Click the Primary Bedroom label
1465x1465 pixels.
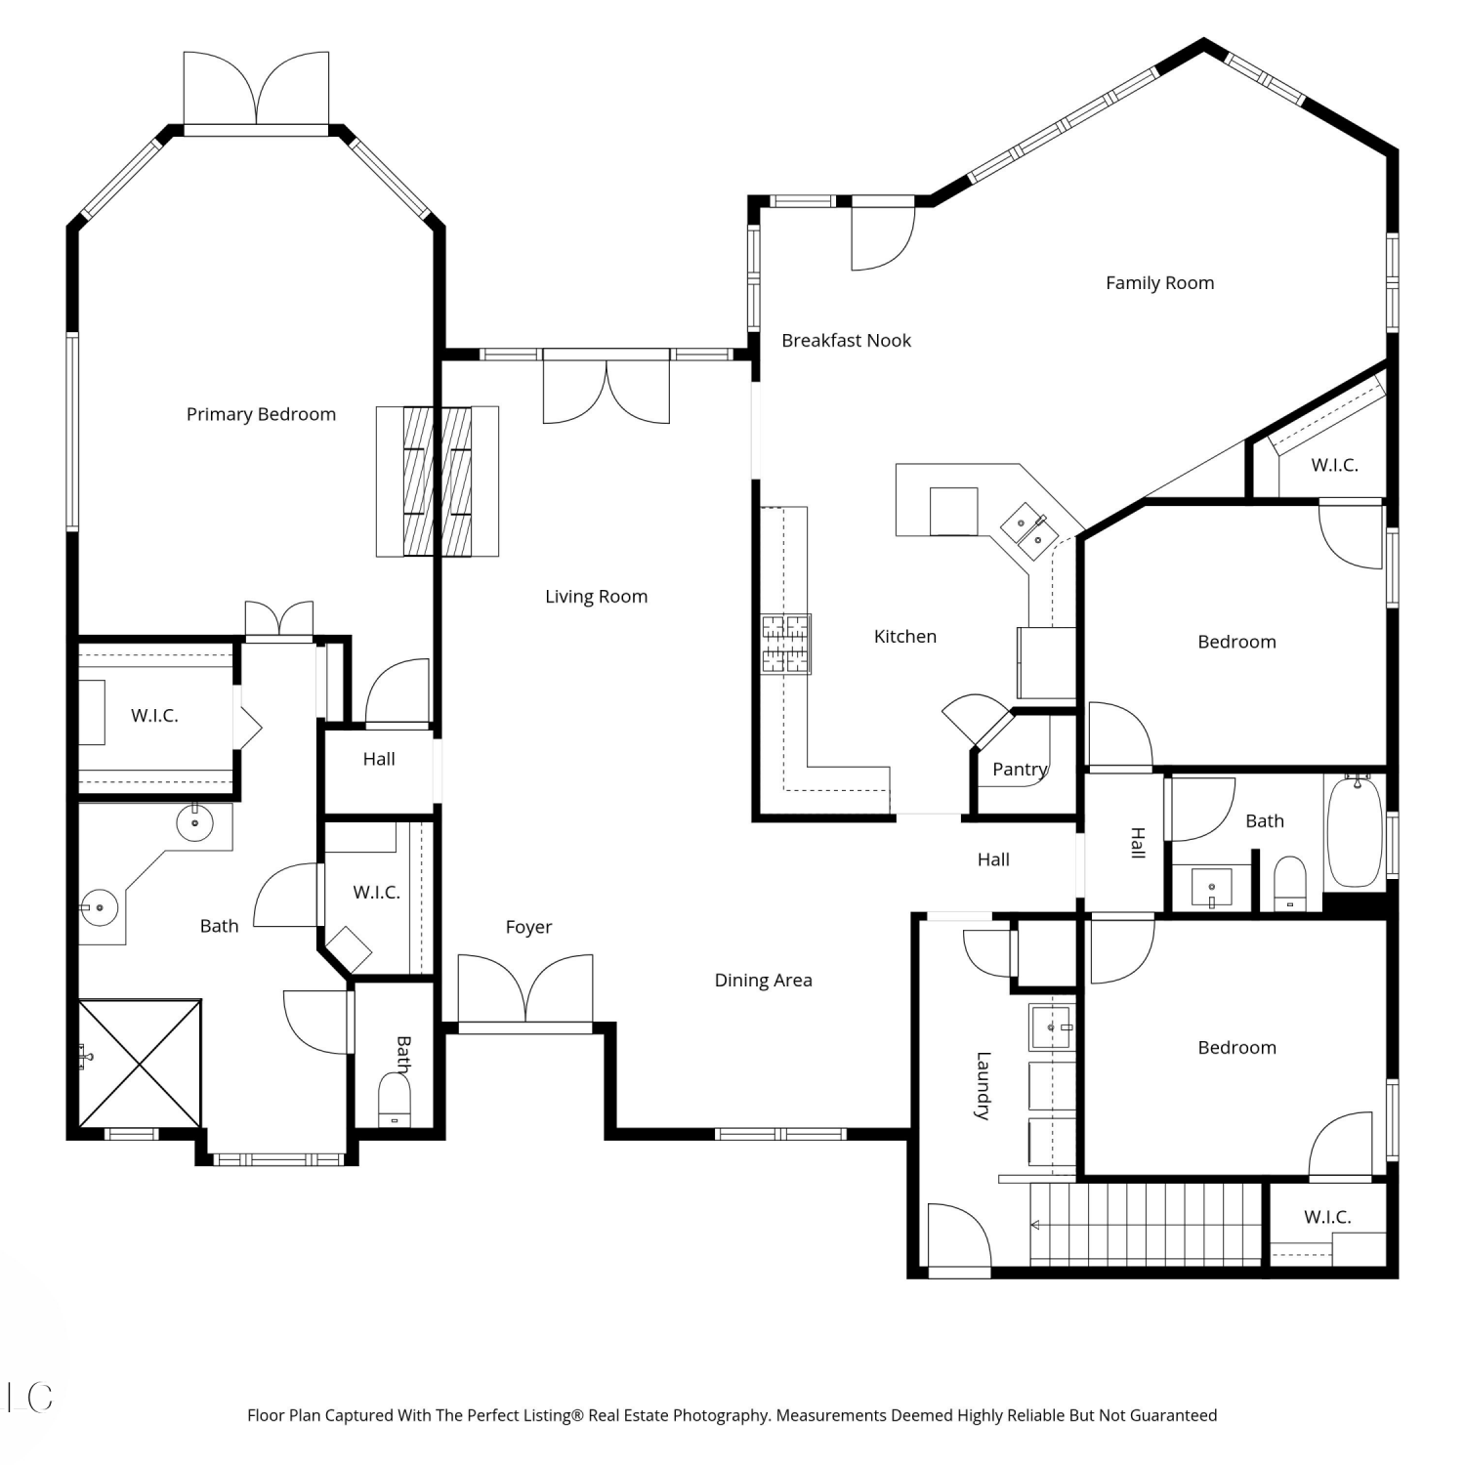261,414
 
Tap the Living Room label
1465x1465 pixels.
596,597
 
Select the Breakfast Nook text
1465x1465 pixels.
846,340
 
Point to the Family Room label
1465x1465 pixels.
1159,283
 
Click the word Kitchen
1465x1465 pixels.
904,637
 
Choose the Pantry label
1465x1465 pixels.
1020,770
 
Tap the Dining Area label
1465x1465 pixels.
763,981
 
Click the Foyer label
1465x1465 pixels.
528,928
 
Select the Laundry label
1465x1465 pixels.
984,1085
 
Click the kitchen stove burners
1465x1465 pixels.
786,644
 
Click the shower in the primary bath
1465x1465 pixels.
140,1063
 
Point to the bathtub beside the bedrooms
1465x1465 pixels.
1355,830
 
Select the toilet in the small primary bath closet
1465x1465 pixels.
395,1100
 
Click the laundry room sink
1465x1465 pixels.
1052,1027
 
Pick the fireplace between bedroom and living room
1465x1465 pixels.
438,481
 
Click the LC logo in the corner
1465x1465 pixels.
30,1398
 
